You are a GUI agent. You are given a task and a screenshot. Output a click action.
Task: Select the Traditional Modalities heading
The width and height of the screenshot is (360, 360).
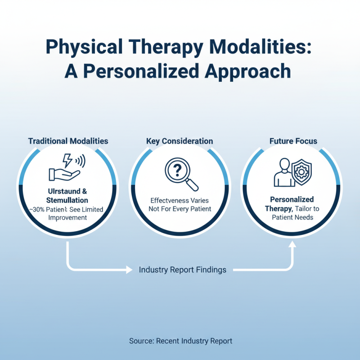(68, 141)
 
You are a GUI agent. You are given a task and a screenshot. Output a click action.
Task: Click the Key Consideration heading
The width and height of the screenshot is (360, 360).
(180, 141)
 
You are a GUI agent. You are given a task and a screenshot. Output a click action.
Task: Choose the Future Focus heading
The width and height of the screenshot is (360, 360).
(293, 141)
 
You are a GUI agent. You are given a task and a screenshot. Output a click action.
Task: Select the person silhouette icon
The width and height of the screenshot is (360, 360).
(282, 173)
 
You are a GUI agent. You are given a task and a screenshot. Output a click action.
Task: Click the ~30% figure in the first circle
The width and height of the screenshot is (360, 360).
(36, 209)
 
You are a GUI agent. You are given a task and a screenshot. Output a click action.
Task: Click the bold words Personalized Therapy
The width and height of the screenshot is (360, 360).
(292, 204)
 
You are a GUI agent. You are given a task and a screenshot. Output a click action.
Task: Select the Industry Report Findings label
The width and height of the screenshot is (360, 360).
(182, 270)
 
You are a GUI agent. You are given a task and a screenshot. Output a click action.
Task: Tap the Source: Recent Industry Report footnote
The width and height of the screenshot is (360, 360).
(180, 341)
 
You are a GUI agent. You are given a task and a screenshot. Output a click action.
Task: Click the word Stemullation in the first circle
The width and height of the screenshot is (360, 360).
(67, 200)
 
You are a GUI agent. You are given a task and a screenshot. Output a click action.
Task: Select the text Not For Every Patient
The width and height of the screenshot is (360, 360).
(180, 209)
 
